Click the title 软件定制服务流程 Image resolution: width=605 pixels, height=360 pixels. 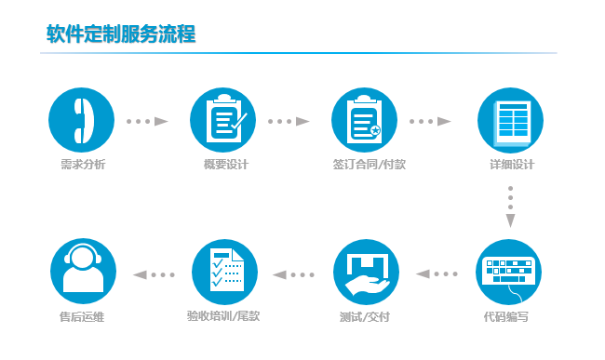tap(121, 34)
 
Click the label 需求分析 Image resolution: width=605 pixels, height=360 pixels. tap(81, 166)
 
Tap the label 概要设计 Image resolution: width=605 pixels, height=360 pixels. tap(224, 166)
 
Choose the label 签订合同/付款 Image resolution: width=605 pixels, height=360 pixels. tap(369, 166)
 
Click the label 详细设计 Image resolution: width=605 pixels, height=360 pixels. tap(511, 166)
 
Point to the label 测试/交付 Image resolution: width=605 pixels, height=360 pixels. tap(364, 317)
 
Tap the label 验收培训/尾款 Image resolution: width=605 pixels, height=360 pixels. tap(223, 317)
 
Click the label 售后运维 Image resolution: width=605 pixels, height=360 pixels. tap(81, 317)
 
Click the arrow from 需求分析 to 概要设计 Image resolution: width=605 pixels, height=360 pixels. tap(147, 121)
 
